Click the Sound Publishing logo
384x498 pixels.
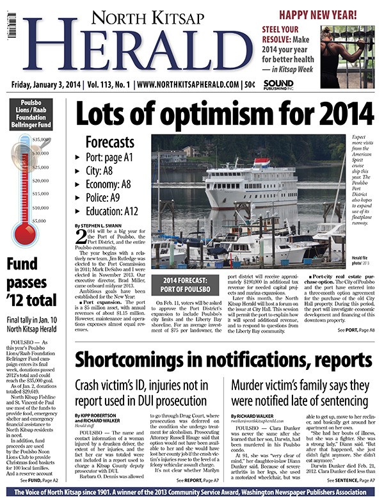(278, 84)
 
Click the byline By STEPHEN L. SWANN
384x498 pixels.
(100, 226)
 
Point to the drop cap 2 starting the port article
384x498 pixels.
(81, 238)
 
